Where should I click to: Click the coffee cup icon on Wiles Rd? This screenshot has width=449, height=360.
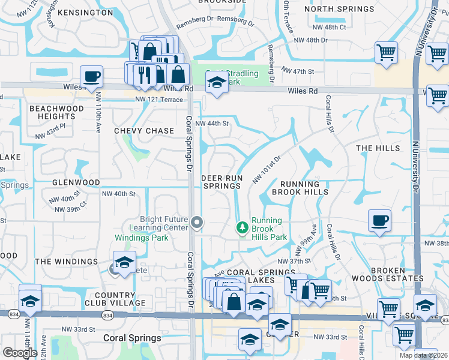[91, 77]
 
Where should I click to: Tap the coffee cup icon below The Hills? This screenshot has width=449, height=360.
[379, 220]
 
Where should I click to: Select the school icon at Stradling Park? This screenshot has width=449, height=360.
[217, 83]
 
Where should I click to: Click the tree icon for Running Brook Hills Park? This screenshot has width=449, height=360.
[242, 227]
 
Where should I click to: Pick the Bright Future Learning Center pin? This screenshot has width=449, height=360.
[197, 224]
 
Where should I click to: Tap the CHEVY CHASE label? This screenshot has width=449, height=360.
[144, 130]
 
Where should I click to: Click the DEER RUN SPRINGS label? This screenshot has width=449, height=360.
[221, 182]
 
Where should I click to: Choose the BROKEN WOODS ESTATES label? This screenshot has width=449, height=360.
[397, 274]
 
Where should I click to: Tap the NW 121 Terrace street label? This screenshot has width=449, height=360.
[158, 100]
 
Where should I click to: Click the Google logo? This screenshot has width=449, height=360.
[20, 352]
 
